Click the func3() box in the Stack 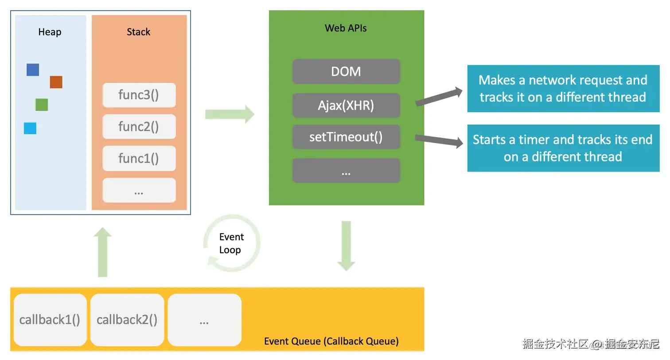139,95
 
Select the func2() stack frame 139,127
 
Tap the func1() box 139,158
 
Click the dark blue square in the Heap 33,70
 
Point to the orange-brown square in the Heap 56,82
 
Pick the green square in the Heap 42,105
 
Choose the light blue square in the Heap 30,128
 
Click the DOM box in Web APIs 346,71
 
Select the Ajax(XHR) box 346,106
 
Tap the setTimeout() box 346,137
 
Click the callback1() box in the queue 50,320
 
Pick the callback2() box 127,320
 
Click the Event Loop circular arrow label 231,243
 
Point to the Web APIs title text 346,28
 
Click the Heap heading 50,32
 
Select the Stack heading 139,32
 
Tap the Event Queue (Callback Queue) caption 331,341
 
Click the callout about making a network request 563,88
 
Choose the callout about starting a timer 563,148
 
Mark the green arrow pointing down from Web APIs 346,246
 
